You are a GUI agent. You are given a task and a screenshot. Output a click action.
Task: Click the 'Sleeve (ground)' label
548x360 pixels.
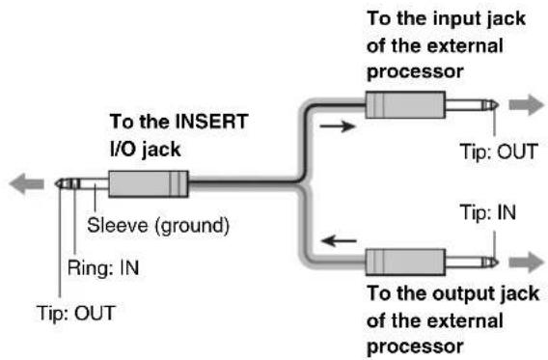pos(158,226)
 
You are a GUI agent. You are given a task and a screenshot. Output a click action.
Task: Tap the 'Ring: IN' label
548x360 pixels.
pos(103,268)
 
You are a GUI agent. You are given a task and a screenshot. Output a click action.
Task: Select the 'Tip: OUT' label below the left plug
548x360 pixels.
pos(76,313)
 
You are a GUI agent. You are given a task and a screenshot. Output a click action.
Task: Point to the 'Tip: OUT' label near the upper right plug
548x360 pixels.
pos(499,152)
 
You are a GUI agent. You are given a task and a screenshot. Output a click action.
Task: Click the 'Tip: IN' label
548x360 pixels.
pos(488,212)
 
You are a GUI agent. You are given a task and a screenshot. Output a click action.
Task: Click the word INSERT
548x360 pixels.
pos(211,122)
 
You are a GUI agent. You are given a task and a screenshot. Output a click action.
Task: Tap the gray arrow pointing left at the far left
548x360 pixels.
pos(27,183)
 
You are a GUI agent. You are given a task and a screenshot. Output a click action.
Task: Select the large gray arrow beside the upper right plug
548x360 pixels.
pos(527,104)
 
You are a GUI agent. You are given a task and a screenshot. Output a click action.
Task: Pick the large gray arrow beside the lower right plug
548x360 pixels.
pos(527,263)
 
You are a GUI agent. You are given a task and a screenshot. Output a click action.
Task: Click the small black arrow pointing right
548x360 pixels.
pos(338,126)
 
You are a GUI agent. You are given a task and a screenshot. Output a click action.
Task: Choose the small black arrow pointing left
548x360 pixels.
pos(339,240)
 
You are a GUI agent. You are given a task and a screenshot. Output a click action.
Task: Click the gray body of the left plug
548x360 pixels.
pos(149,183)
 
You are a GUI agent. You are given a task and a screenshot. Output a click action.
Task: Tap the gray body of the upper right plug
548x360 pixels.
pos(405,105)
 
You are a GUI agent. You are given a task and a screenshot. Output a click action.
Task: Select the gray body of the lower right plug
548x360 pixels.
pos(405,263)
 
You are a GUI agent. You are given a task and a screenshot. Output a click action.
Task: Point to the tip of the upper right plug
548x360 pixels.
pos(498,105)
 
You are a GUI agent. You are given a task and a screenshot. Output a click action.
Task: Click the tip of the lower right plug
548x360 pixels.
pos(498,263)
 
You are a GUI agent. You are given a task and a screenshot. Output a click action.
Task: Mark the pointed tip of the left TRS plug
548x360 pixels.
pos(56,183)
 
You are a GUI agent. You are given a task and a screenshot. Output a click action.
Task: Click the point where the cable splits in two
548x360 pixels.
pos(301,181)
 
